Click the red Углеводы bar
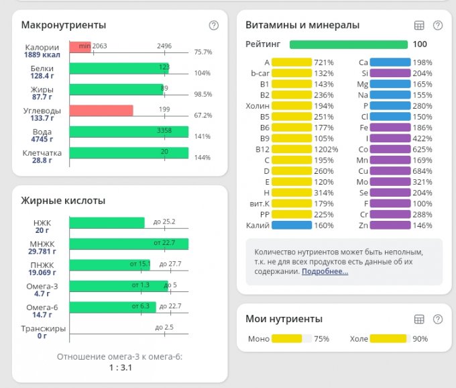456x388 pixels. point(101,111)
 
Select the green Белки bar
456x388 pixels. point(118,68)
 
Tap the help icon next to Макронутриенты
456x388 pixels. point(214,26)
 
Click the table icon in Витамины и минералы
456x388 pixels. point(419,26)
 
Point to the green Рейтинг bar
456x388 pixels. point(348,45)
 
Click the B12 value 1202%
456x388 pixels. point(327,149)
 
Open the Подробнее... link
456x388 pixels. point(325,272)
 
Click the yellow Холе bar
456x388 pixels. point(388,339)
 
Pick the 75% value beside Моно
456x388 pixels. point(322,339)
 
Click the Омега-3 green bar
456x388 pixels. point(118,287)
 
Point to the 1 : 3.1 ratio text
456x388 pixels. point(119,368)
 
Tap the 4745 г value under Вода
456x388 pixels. point(42,140)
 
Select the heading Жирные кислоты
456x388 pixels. point(63,200)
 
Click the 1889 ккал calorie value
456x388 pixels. point(42,56)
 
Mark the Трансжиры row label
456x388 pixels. point(42,328)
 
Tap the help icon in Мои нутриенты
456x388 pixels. point(438,320)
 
